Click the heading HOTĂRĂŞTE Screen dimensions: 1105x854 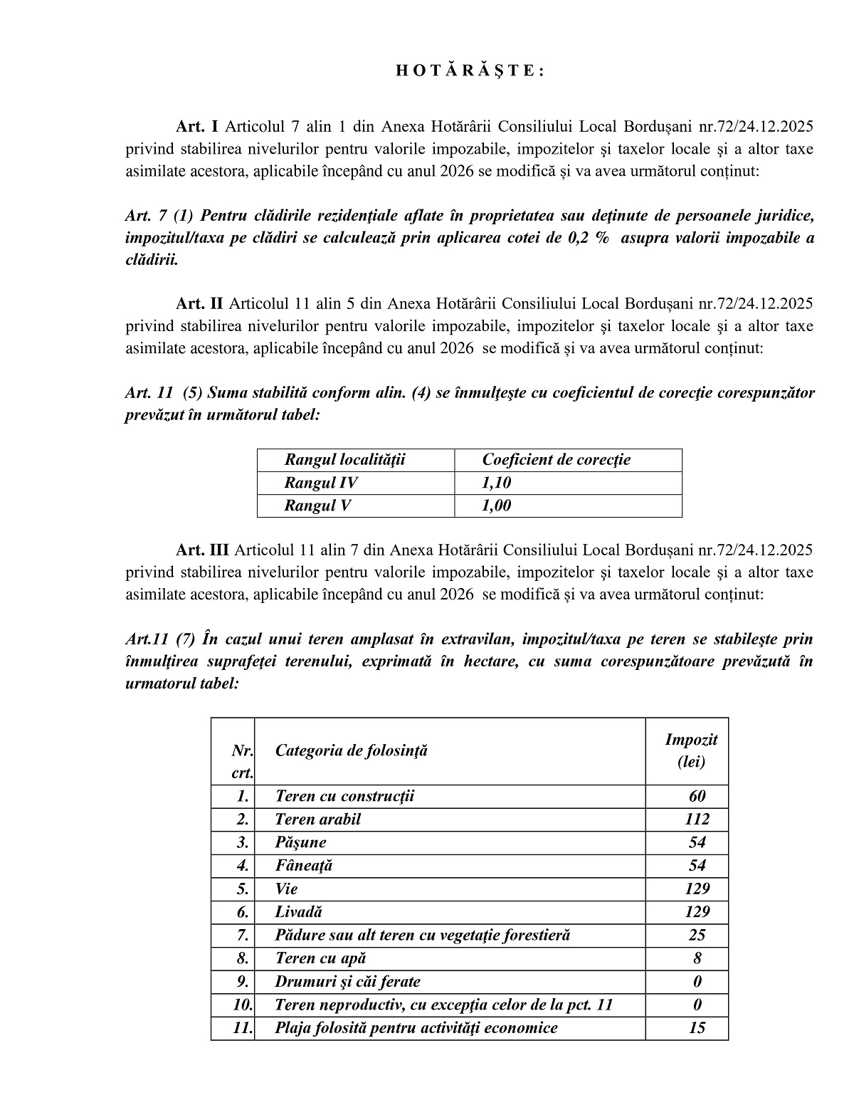coord(469,70)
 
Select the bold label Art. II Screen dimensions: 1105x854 coord(199,303)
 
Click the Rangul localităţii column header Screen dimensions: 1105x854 coord(344,460)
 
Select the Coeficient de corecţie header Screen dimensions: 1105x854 coord(556,460)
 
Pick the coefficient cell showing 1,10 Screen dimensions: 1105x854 coord(497,483)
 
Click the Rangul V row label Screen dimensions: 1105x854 coord(317,506)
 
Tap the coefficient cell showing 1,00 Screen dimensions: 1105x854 coord(497,506)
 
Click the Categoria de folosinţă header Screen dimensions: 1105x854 coord(352,750)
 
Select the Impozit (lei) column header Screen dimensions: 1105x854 coord(691,750)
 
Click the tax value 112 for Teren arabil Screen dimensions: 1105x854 coord(697,819)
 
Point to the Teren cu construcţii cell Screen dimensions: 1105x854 coord(344,796)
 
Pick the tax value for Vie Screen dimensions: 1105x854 coord(697,889)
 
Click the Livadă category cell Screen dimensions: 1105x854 coord(299,912)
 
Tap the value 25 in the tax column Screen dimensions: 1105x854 coord(697,936)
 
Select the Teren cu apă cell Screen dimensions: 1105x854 coord(320,958)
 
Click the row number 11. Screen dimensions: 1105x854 coord(243,1027)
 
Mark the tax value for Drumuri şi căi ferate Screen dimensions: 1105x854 coord(697,982)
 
